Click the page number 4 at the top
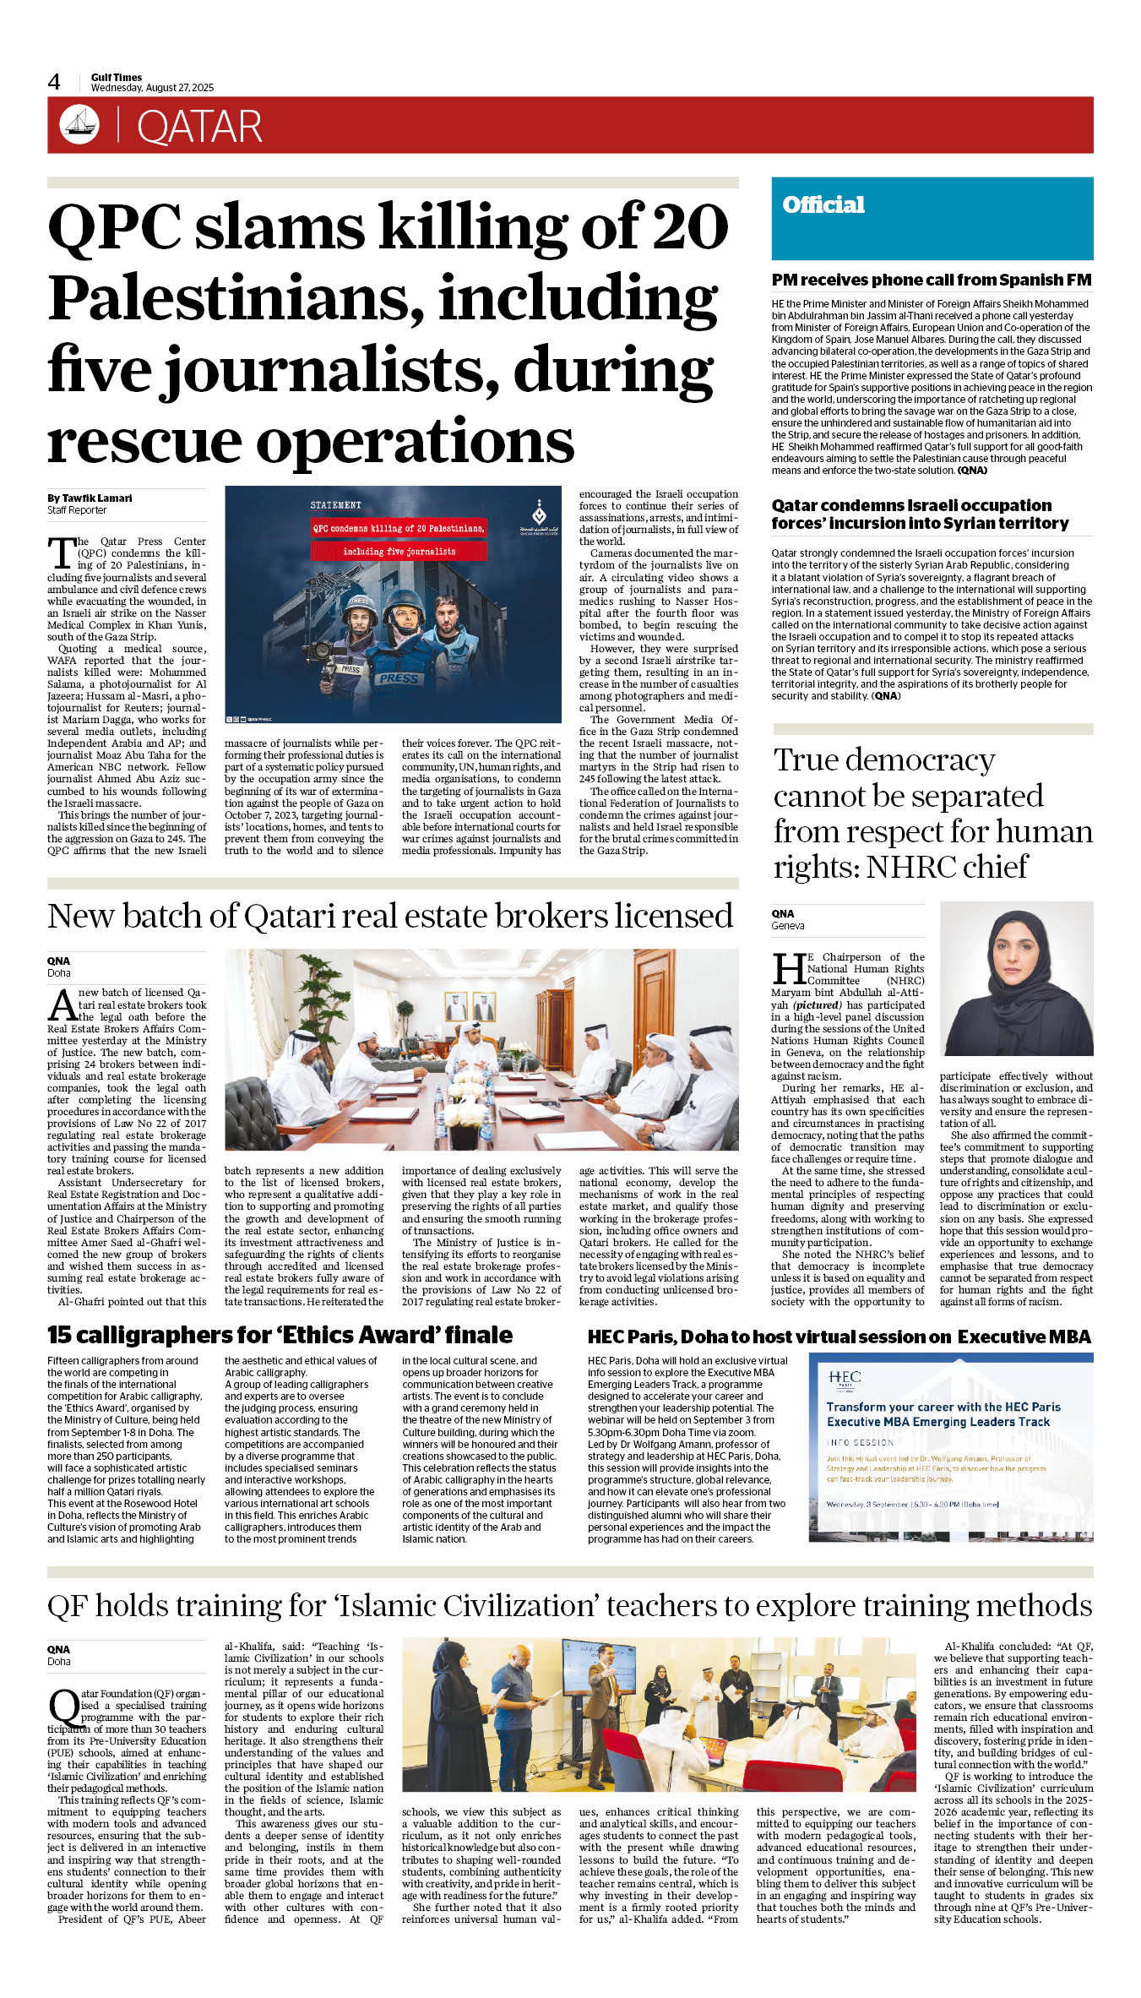(x=54, y=82)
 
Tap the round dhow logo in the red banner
(x=79, y=124)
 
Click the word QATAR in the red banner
(x=199, y=127)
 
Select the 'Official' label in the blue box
(x=823, y=204)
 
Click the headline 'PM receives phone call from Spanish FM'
(x=931, y=280)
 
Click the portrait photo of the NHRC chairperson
(x=1016, y=977)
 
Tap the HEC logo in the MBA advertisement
(x=844, y=1379)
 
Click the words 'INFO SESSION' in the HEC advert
(x=860, y=1442)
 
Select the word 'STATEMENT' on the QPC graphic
(x=335, y=505)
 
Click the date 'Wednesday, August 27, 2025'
(x=152, y=88)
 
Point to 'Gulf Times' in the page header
(x=117, y=77)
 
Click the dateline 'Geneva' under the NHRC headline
(x=787, y=925)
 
